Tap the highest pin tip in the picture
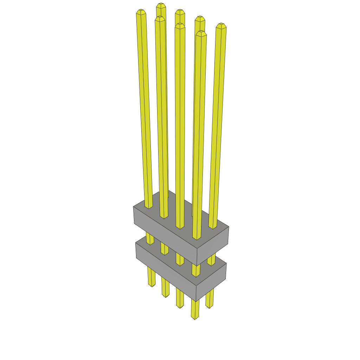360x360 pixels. tap(161, 5)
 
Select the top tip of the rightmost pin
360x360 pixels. tap(221, 25)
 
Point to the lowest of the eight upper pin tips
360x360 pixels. tap(201, 33)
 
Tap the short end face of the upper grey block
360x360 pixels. tap(213, 245)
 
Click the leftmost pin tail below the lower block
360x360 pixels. tap(151, 278)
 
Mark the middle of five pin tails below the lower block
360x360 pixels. tap(180, 299)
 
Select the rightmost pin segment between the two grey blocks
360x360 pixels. tap(211, 260)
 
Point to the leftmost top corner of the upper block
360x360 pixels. tap(134, 207)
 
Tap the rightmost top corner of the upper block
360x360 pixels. tap(229, 226)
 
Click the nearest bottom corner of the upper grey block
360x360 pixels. tap(197, 266)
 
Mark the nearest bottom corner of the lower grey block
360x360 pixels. tap(196, 301)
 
